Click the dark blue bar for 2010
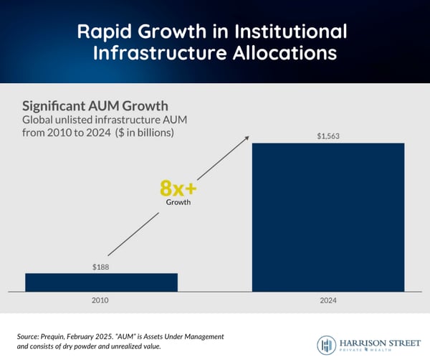tap(101, 282)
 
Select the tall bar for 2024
tap(328, 217)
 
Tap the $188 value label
tap(101, 266)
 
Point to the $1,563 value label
tap(328, 136)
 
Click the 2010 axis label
tap(101, 301)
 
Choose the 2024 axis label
tap(328, 301)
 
